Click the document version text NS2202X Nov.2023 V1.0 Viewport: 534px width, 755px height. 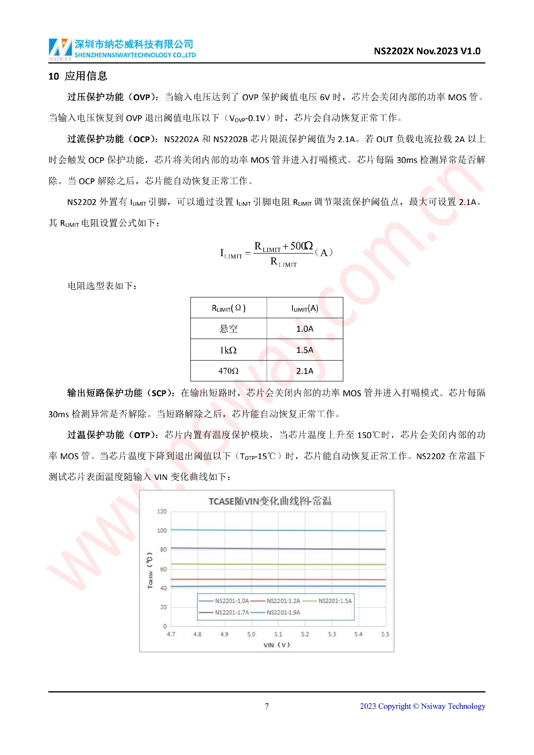click(x=427, y=51)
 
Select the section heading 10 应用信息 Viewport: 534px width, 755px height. click(x=78, y=76)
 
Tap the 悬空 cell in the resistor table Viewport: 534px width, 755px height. click(x=229, y=328)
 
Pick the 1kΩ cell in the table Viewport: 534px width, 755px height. click(x=229, y=350)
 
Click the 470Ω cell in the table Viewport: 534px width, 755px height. click(x=229, y=371)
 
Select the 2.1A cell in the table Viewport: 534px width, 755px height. click(x=305, y=371)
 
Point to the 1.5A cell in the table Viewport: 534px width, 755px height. click(x=305, y=350)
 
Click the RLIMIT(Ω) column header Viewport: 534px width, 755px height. click(x=229, y=308)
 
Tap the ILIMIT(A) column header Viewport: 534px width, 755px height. click(x=305, y=308)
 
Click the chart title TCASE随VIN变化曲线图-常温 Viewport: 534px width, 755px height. click(x=270, y=501)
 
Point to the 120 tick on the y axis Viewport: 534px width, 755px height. click(x=162, y=511)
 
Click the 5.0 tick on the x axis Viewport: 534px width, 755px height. click(x=251, y=634)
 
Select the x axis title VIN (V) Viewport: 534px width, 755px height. click(x=276, y=645)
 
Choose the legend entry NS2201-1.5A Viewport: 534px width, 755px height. click(x=335, y=601)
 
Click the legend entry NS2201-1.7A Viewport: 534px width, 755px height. click(x=231, y=612)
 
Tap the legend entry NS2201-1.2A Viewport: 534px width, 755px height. click(x=283, y=601)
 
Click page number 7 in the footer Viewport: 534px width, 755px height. click(x=267, y=706)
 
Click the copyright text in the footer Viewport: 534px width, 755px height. click(x=422, y=706)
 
